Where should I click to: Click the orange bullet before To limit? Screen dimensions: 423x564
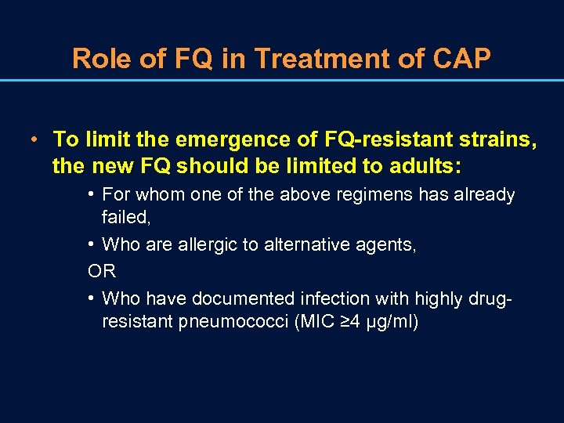pyautogui.click(x=36, y=140)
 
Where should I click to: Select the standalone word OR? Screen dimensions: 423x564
pyautogui.click(x=102, y=271)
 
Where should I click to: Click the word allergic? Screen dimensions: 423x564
pyautogui.click(x=216, y=244)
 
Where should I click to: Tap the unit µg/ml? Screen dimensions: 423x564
pyautogui.click(x=389, y=322)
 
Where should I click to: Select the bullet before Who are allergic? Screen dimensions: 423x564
pyautogui.click(x=92, y=244)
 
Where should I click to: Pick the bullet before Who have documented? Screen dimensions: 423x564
pyautogui.click(x=92, y=298)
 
